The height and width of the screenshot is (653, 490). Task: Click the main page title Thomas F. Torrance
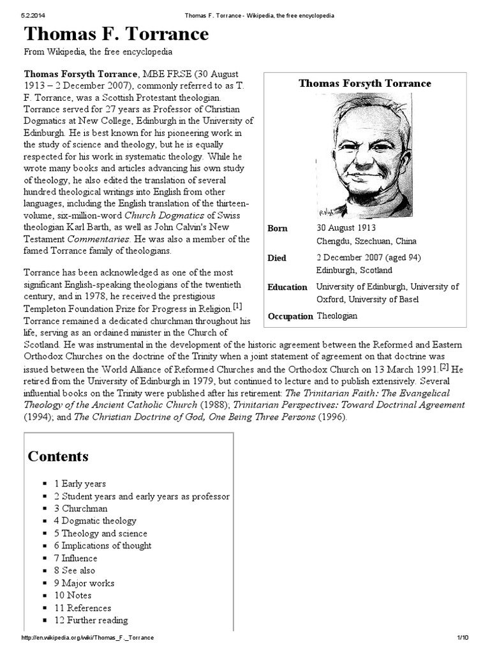116,34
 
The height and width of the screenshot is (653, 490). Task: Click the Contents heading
58,457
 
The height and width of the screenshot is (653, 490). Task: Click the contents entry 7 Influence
80,558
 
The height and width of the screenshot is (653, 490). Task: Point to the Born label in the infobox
278,228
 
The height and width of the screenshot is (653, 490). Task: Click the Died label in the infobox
277,258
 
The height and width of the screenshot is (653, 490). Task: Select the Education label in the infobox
287,288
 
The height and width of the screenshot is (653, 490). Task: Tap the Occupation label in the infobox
290,316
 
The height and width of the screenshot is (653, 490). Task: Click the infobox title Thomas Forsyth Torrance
365,84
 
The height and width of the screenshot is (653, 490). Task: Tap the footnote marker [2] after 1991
444,367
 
